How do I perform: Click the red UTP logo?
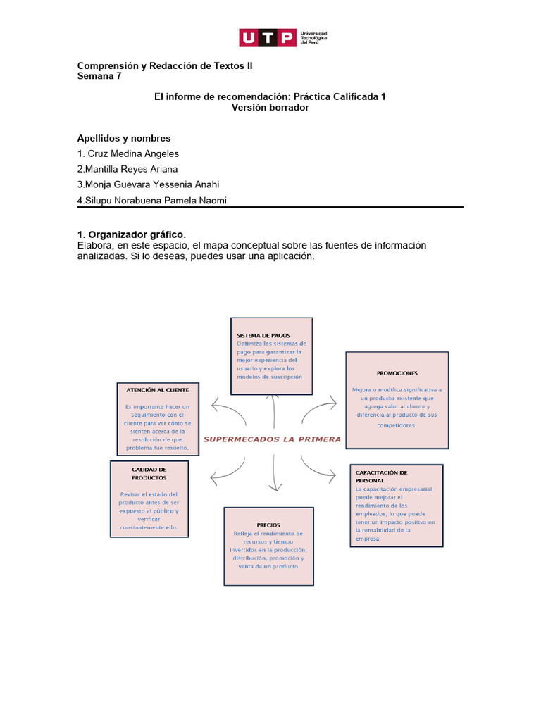[267, 38]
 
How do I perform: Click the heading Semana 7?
[99, 76]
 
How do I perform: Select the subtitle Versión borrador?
[270, 107]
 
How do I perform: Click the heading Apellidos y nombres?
[124, 138]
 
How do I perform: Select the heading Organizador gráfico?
[137, 234]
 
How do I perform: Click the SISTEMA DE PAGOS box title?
[263, 335]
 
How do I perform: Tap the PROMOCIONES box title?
[397, 372]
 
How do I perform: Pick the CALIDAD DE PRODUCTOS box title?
[149, 473]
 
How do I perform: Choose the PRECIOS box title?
[268, 525]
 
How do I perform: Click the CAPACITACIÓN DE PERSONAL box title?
[382, 476]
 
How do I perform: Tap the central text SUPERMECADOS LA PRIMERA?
[272, 439]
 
